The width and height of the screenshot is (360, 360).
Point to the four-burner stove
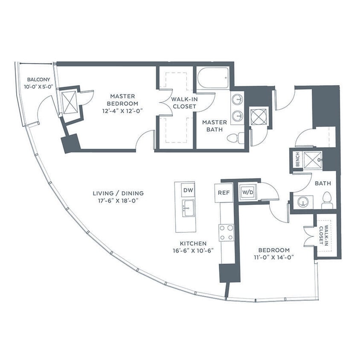point(226,233)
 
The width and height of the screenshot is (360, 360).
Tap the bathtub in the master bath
point(213,78)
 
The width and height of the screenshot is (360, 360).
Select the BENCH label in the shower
point(297,160)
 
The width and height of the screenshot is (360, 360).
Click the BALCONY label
point(39,79)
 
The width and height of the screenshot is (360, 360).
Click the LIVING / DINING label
point(118,193)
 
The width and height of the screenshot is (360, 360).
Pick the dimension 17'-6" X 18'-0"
point(118,200)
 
